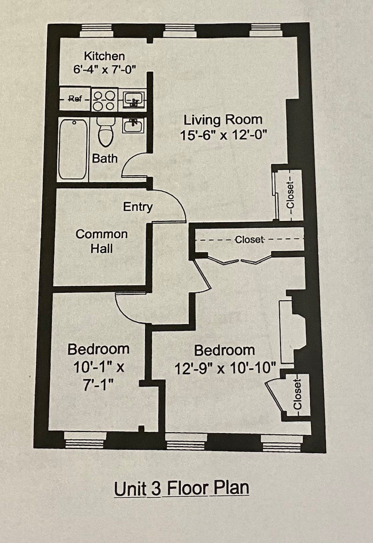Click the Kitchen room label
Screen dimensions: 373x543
[x=104, y=56]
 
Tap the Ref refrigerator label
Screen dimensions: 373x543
[x=75, y=99]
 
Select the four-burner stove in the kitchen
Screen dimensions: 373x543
[x=104, y=100]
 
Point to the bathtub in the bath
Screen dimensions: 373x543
[x=73, y=149]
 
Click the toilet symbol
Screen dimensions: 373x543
[x=106, y=132]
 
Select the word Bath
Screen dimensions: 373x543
[x=105, y=159]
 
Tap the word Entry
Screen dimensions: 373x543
[x=138, y=207]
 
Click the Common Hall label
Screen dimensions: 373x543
[x=101, y=241]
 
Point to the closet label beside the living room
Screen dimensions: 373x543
[x=290, y=196]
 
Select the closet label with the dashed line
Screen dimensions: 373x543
[x=250, y=240]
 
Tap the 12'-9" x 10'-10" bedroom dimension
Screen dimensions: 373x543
[x=225, y=369]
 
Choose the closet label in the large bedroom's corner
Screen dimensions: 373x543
[x=297, y=395]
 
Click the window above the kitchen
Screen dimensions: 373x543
[x=96, y=31]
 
